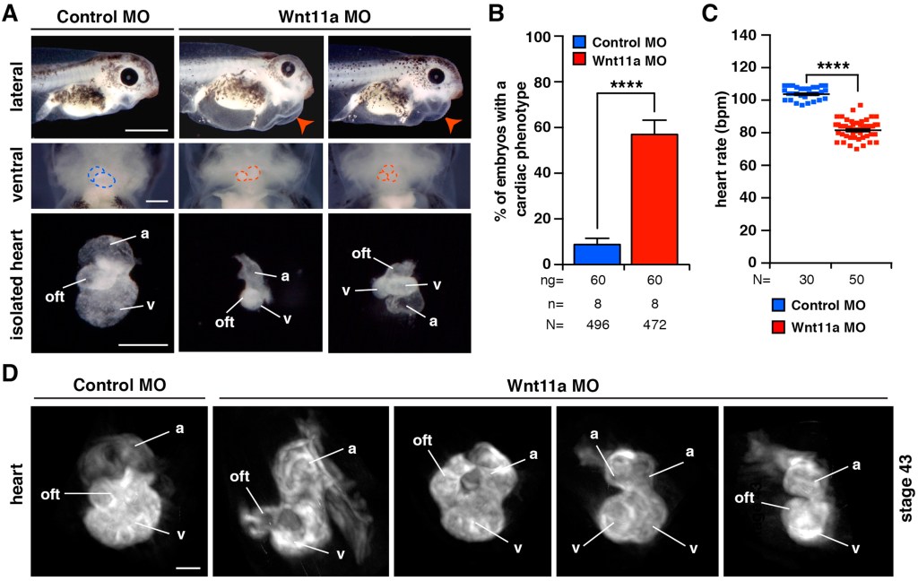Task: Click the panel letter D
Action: tap(12, 371)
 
